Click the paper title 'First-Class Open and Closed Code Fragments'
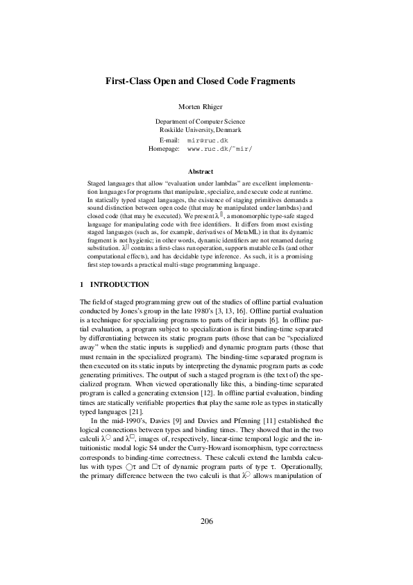coord(200,81)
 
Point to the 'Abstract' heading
coord(200,170)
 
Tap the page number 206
coord(206,541)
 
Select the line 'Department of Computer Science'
coord(200,122)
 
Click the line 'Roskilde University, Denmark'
coord(200,130)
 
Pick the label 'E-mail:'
coord(169,140)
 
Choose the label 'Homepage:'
coord(164,149)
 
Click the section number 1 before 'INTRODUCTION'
coord(82,285)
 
